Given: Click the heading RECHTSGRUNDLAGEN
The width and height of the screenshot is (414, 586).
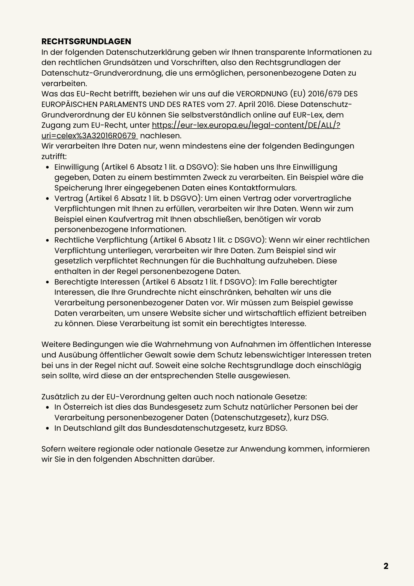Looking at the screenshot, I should pyautogui.click(x=86, y=41).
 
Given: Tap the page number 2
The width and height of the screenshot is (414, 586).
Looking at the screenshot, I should pyautogui.click(x=386, y=566).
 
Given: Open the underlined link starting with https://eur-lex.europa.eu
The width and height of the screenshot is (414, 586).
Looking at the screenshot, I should pyautogui.click(x=246, y=125).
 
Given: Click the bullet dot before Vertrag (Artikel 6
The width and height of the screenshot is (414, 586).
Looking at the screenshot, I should pyautogui.click(x=47, y=199).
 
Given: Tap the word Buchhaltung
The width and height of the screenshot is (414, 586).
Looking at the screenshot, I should pyautogui.click(x=240, y=261).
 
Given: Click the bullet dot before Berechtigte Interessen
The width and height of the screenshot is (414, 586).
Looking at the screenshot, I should pyautogui.click(x=47, y=282).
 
